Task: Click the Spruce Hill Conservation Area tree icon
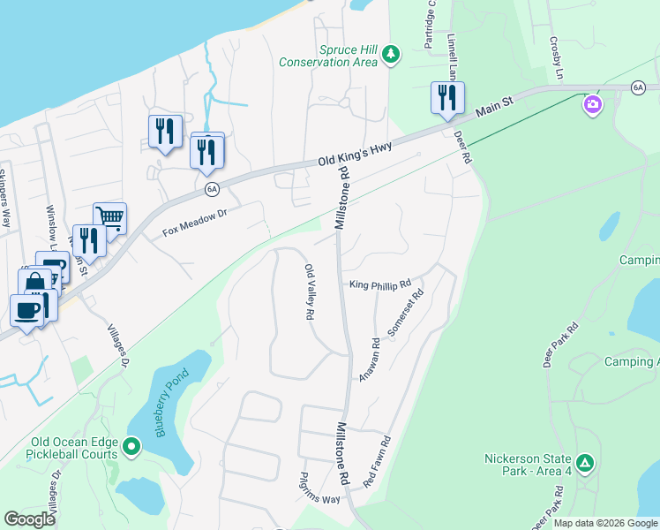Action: pos(391,57)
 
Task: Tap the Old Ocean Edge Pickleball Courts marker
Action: pos(131,447)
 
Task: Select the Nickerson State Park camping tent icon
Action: pos(584,463)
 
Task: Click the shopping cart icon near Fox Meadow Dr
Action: pos(109,217)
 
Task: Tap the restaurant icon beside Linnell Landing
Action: pos(446,96)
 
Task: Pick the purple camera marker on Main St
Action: pos(592,106)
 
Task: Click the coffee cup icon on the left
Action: pos(26,309)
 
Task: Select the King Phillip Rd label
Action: pos(380,284)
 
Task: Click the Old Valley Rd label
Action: pos(310,291)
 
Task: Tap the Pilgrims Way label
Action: pos(319,499)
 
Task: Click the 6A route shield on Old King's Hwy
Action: pos(211,188)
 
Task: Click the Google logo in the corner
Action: pos(30,519)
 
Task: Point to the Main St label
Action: pos(495,108)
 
